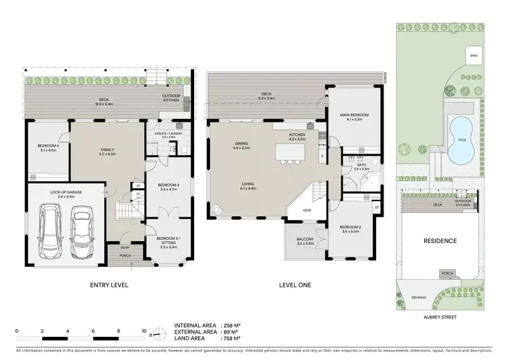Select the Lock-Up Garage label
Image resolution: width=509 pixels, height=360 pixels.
click(x=67, y=192)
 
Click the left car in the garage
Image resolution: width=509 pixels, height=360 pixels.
click(x=50, y=229)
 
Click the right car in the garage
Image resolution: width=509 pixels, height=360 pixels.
click(x=81, y=229)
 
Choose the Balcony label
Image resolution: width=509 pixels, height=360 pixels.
click(x=303, y=240)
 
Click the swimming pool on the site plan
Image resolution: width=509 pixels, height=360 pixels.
click(x=461, y=139)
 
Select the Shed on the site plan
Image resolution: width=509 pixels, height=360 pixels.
click(x=471, y=56)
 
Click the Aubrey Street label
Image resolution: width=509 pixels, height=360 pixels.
click(x=439, y=317)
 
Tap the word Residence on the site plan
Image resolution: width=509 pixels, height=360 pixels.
click(x=439, y=240)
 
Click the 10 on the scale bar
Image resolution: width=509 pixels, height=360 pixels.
click(x=143, y=333)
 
